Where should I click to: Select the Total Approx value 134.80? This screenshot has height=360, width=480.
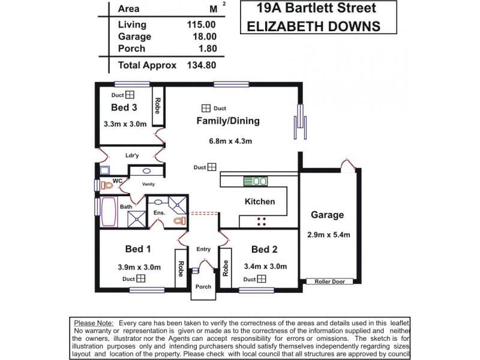click(201, 65)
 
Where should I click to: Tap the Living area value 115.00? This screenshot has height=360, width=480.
click(201, 25)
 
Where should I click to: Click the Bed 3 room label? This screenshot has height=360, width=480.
click(124, 107)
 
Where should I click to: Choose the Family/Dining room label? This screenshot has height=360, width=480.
click(228, 121)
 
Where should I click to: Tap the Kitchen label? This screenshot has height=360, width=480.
click(260, 202)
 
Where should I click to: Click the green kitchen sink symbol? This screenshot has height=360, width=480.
click(256, 181)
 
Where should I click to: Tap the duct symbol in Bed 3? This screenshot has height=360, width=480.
click(130, 95)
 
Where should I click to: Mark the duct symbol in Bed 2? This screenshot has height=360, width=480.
click(262, 279)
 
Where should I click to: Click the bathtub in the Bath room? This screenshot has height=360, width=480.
click(109, 212)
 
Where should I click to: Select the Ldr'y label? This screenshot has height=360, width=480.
click(132, 155)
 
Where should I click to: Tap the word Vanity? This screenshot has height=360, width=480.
click(148, 184)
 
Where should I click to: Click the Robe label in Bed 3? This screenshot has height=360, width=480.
click(158, 106)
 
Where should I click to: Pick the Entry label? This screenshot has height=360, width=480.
click(203, 249)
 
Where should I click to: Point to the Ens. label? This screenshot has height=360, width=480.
click(159, 212)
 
